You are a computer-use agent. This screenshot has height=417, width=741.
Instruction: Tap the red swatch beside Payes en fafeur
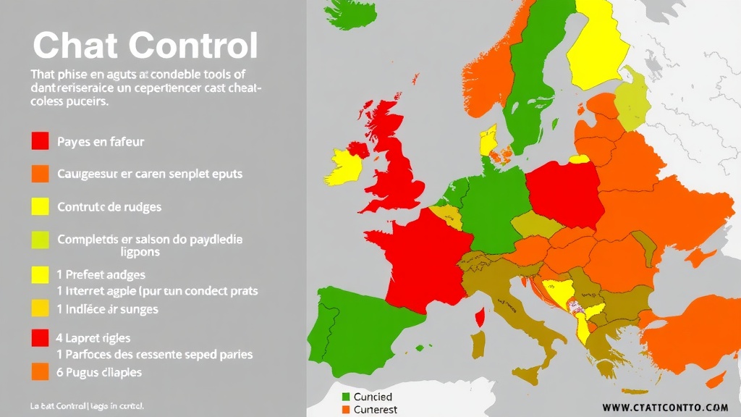40,141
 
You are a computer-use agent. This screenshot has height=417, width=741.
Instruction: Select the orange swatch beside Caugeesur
40,174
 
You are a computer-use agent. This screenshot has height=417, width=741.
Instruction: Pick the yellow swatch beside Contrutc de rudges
40,206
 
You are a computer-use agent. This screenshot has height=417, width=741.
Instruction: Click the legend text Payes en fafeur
101,142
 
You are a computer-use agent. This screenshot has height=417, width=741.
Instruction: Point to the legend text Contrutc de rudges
109,206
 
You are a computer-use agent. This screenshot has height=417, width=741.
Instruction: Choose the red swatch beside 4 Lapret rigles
40,337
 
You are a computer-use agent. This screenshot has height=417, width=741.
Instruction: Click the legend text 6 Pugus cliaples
99,372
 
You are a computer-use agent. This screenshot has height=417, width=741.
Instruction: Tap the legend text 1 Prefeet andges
101,274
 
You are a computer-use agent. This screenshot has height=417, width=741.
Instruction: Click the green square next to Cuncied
345,397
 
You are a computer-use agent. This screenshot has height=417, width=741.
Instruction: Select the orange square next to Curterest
345,410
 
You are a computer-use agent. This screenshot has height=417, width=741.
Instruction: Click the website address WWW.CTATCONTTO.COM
664,408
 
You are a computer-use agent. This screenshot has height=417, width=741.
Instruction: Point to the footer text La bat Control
87,405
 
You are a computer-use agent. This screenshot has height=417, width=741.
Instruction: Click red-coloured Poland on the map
564,192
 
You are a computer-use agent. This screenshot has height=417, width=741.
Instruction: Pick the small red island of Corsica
480,316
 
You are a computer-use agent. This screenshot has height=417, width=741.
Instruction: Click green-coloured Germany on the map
492,210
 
